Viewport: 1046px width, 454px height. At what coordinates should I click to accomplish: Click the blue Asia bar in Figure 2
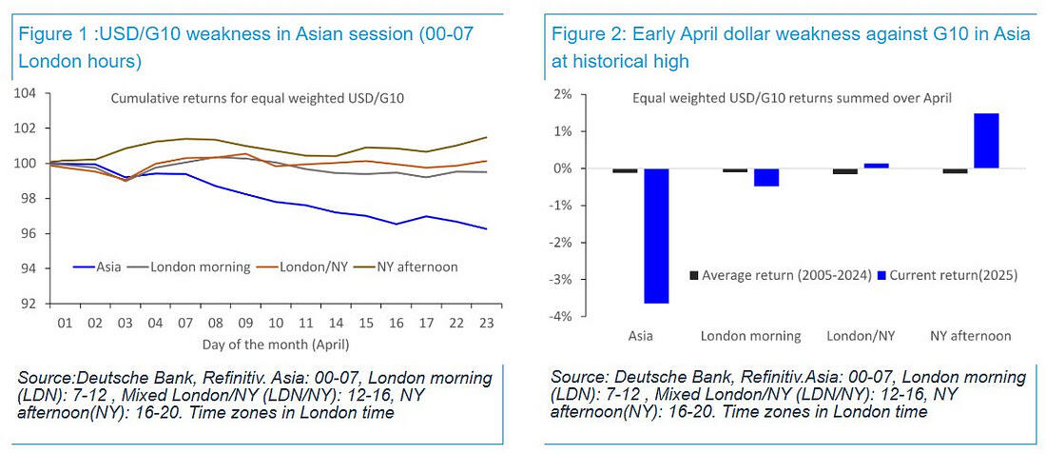coord(655,235)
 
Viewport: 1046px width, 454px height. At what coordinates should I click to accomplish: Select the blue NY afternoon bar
coord(986,141)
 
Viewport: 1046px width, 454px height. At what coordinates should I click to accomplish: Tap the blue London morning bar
coord(765,177)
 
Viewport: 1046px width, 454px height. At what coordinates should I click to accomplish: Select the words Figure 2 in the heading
coord(583,35)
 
